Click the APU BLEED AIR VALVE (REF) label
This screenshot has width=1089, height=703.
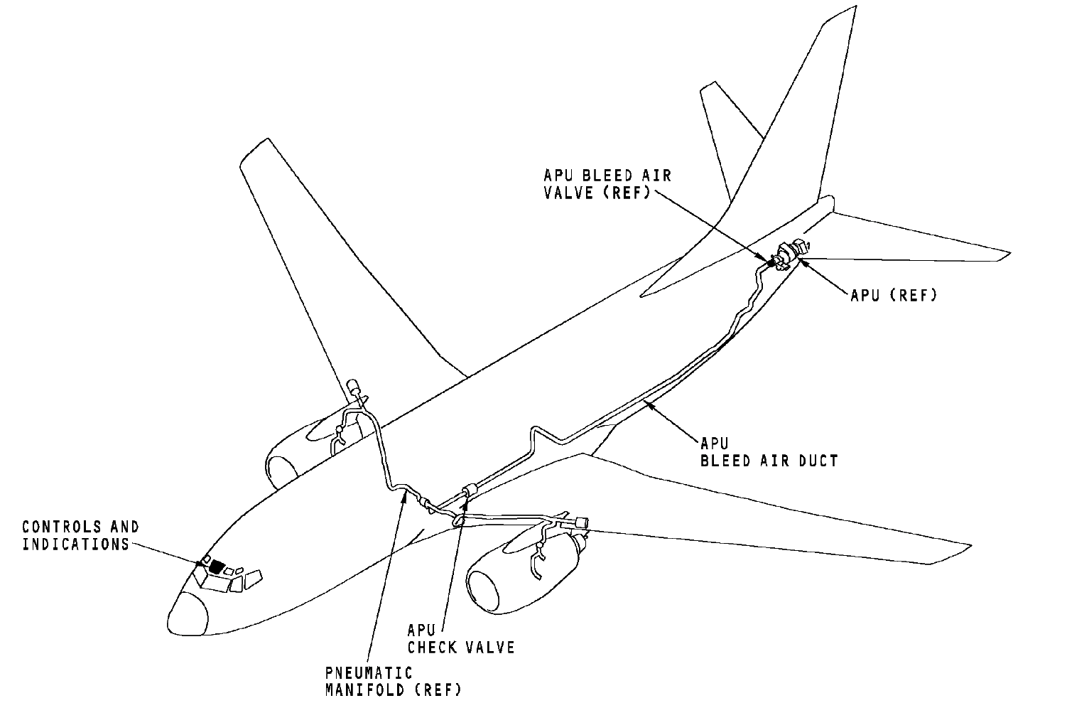(607, 183)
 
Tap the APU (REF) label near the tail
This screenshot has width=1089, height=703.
(894, 294)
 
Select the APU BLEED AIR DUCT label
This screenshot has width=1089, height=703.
(769, 452)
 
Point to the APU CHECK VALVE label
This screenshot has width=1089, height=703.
(460, 638)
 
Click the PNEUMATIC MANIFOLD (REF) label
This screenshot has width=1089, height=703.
(393, 680)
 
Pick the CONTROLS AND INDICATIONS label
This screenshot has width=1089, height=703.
(80, 535)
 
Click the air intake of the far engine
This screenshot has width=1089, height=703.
(280, 470)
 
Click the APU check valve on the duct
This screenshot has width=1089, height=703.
(469, 489)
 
